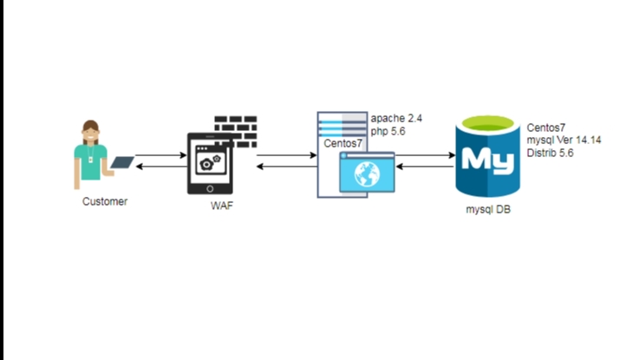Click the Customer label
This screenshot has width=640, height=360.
pos(104,201)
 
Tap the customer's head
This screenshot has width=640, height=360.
pos(91,134)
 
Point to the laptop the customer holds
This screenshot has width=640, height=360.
pos(122,162)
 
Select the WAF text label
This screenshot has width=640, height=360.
pos(222,206)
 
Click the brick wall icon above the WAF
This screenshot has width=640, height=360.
pos(236,126)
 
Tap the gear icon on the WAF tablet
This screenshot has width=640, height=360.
pos(208,163)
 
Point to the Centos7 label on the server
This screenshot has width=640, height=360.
pos(342,144)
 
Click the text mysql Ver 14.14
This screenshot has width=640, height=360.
pos(564,140)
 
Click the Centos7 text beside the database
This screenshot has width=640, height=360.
pos(546,127)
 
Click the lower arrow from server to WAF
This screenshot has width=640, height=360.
pos(285,167)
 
